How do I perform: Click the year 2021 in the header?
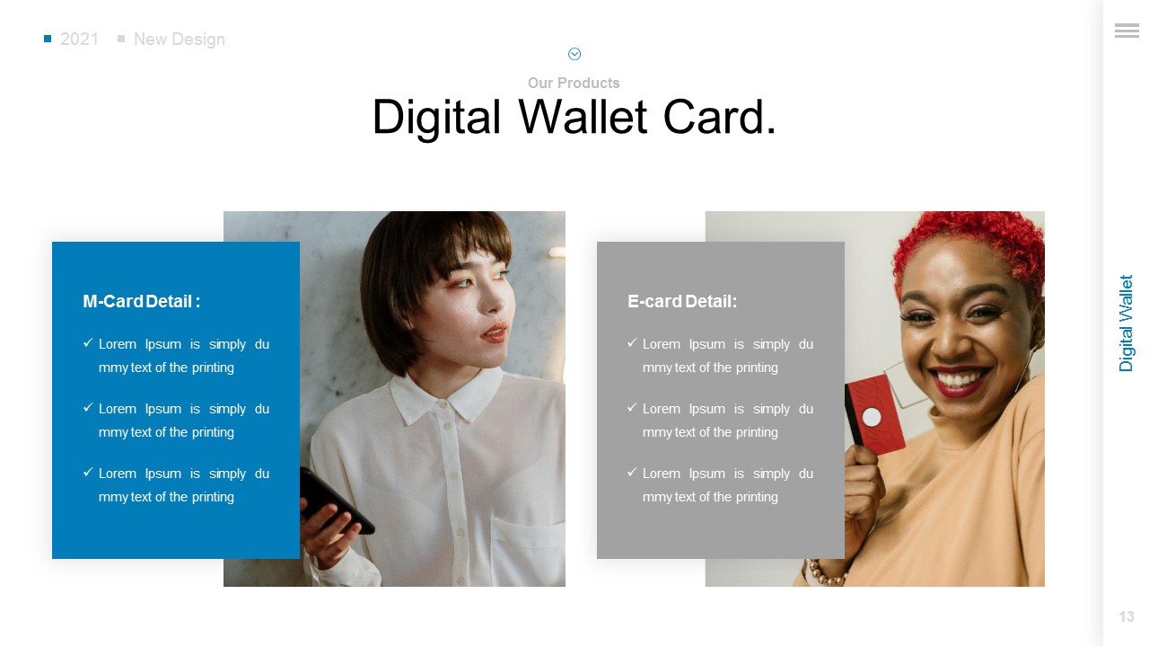tap(79, 40)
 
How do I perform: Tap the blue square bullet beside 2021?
tap(48, 39)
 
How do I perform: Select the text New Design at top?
tap(179, 40)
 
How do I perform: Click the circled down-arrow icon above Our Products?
tap(574, 54)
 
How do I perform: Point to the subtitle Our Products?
tap(574, 83)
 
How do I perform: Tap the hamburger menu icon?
tap(1127, 31)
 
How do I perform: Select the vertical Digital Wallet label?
tap(1127, 323)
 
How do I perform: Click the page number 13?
tap(1127, 616)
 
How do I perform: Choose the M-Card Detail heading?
tap(141, 302)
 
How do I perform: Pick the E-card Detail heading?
tap(681, 302)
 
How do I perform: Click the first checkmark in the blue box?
tap(88, 343)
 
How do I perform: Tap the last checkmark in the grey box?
tap(632, 472)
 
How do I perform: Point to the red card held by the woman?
tap(875, 413)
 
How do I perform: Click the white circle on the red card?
tap(872, 417)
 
